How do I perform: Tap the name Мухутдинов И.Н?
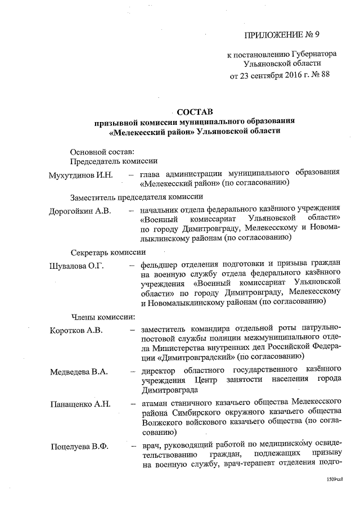(81, 175)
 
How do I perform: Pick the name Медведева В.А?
(79, 372)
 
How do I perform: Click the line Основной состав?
(102, 152)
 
